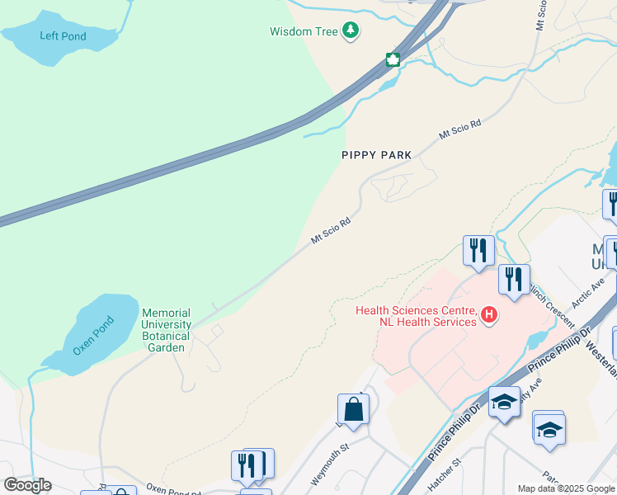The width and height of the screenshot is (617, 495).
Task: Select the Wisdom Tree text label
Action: point(304,32)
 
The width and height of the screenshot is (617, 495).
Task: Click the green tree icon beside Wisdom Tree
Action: point(351,31)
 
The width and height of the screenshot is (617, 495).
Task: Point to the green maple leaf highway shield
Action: point(393,59)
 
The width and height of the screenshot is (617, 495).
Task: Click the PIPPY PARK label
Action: point(376,155)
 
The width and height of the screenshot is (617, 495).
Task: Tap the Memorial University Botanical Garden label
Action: point(167,330)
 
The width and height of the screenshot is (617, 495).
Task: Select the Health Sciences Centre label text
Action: point(417,316)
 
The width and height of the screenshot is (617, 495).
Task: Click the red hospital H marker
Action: point(490,314)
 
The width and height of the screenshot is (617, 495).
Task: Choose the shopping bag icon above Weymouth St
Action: point(353,409)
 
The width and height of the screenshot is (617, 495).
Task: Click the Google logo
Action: point(27,485)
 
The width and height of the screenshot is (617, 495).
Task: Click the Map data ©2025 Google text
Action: point(566,488)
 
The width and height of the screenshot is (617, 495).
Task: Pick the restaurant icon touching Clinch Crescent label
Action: point(513,280)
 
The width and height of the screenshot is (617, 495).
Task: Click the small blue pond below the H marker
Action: point(537,339)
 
